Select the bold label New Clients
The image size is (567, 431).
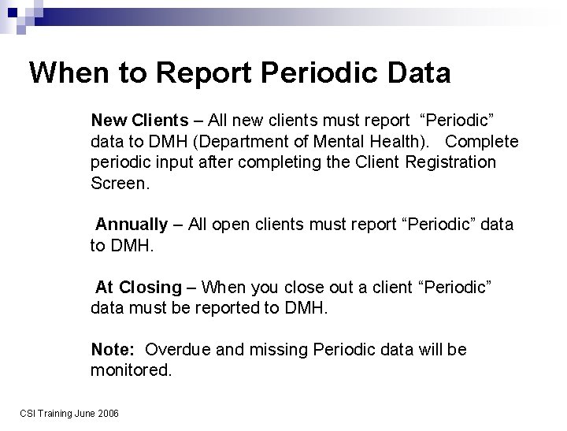[139, 121]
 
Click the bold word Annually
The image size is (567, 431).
[132, 225]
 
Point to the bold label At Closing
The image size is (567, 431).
[138, 287]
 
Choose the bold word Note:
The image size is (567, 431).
[114, 349]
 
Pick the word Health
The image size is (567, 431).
[381, 142]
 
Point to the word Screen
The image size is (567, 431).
[119, 184]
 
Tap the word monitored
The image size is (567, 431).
[131, 370]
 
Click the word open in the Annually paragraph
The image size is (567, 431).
[228, 225]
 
